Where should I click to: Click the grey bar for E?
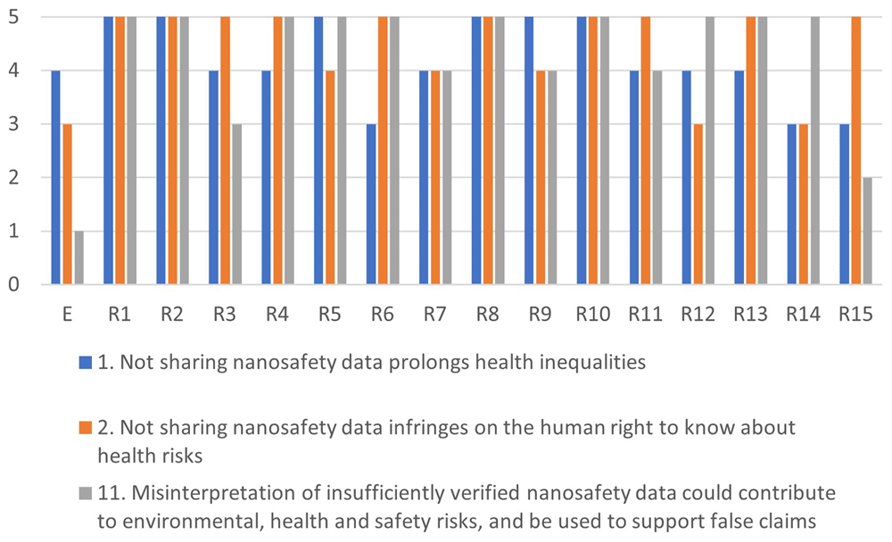pyautogui.click(x=79, y=258)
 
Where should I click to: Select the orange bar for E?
pyautogui.click(x=68, y=204)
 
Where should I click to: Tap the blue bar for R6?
pyautogui.click(x=371, y=204)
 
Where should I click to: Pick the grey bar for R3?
pyautogui.click(x=236, y=204)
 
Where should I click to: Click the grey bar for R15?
pyautogui.click(x=868, y=231)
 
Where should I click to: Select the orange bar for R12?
pyautogui.click(x=698, y=204)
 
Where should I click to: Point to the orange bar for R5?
pyautogui.click(x=330, y=177)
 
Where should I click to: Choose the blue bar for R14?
pyautogui.click(x=792, y=204)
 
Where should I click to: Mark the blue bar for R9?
pyautogui.click(x=529, y=151)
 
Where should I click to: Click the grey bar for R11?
pyautogui.click(x=657, y=177)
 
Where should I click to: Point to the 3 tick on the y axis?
pyautogui.click(x=13, y=125)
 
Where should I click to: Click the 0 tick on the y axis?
pyautogui.click(x=13, y=284)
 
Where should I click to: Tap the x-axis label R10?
pyautogui.click(x=593, y=314)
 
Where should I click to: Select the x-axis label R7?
pyautogui.click(x=435, y=314)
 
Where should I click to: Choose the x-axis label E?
pyautogui.click(x=67, y=314)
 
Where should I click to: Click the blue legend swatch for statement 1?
pyautogui.click(x=86, y=363)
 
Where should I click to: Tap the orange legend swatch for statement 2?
pyautogui.click(x=86, y=428)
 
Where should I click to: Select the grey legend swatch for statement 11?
pyautogui.click(x=86, y=493)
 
